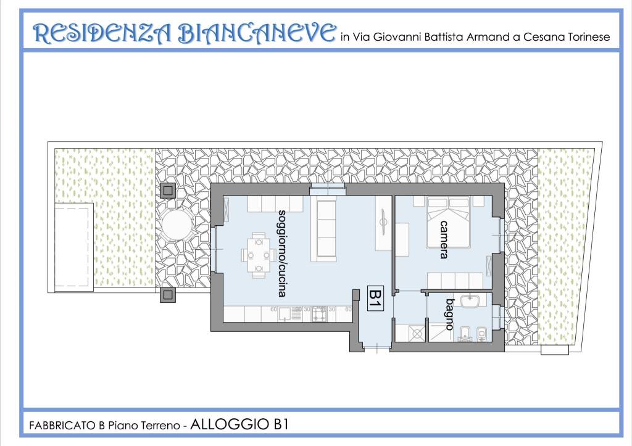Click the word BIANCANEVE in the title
pos(256,33)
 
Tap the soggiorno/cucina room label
pos(283,253)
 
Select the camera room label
pos(444,239)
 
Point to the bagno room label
pos(450,314)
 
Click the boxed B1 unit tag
pos(375,299)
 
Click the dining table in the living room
pos(259,255)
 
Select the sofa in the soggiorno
pos(326,229)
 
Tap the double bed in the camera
pos(448,222)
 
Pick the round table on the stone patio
pos(177,226)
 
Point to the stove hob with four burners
pos(319,314)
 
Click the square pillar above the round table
pos(168,191)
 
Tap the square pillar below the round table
pos(168,295)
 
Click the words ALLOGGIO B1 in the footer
pos(239,424)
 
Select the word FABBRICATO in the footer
pos(63,426)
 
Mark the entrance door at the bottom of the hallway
pos(376,346)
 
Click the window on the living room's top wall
pos(328,189)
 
